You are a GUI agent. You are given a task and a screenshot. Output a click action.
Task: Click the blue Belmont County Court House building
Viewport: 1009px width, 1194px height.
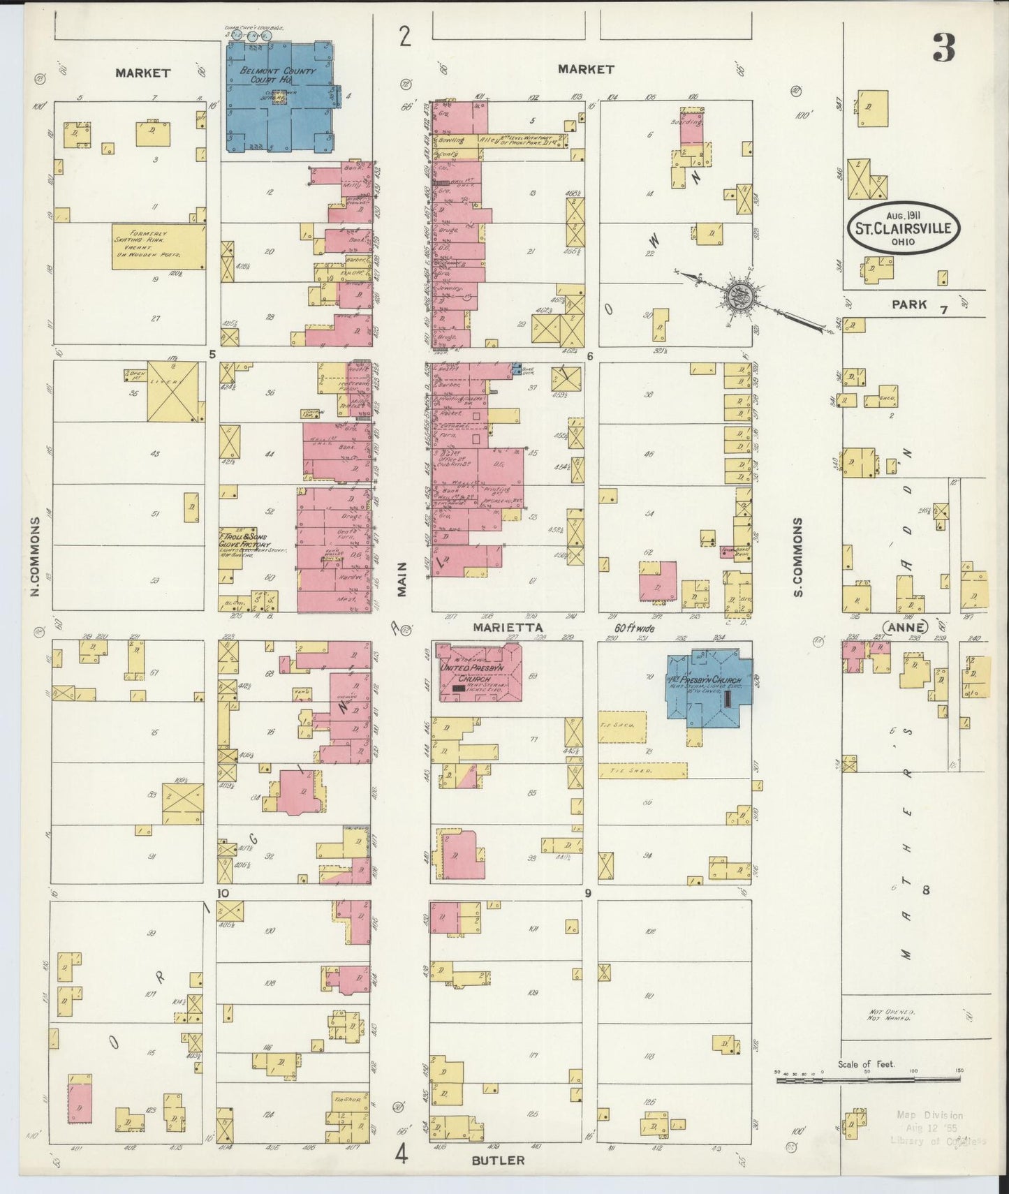tap(279, 98)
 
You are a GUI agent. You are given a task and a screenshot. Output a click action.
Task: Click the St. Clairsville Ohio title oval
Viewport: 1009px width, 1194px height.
tap(904, 229)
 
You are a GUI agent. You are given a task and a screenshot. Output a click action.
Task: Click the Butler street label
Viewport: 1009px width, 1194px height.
tap(498, 1160)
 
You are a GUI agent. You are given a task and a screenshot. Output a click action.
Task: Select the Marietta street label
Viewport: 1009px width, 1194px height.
tap(508, 628)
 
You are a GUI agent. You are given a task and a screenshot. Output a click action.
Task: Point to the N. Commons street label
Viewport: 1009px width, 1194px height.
tap(34, 557)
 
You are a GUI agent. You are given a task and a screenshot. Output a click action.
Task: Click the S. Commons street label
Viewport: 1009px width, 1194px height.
tap(797, 557)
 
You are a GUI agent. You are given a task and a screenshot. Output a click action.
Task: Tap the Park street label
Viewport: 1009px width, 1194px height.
tap(908, 304)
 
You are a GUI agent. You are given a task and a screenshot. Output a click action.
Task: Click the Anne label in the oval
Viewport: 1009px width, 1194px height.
tap(906, 627)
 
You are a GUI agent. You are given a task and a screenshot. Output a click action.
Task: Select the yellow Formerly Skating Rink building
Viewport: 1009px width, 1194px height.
tap(158, 246)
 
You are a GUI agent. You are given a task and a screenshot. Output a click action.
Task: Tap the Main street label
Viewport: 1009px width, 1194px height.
tap(402, 580)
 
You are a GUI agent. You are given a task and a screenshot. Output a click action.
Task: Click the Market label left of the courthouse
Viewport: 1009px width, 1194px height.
tap(143, 73)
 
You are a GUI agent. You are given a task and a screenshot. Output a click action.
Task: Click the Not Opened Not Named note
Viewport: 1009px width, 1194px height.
tap(891, 1015)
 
